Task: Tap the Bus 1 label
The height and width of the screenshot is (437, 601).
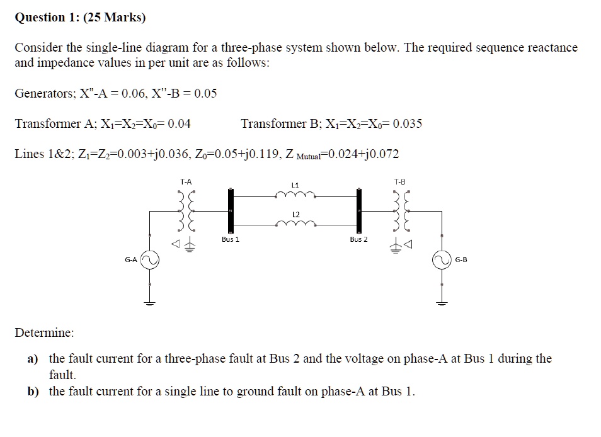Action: click(x=231, y=239)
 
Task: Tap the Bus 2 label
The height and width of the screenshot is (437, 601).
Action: click(x=358, y=239)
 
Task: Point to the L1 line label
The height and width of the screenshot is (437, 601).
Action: click(x=294, y=185)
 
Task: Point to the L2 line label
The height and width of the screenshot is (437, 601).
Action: click(x=294, y=215)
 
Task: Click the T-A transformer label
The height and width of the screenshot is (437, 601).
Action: click(x=186, y=181)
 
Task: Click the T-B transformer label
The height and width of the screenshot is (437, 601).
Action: click(x=399, y=181)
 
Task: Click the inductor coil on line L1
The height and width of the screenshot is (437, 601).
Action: click(x=294, y=196)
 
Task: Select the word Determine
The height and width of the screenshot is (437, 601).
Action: click(x=44, y=332)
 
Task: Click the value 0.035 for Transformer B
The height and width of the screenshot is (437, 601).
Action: click(x=407, y=123)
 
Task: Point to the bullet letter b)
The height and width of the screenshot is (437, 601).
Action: click(x=33, y=391)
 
